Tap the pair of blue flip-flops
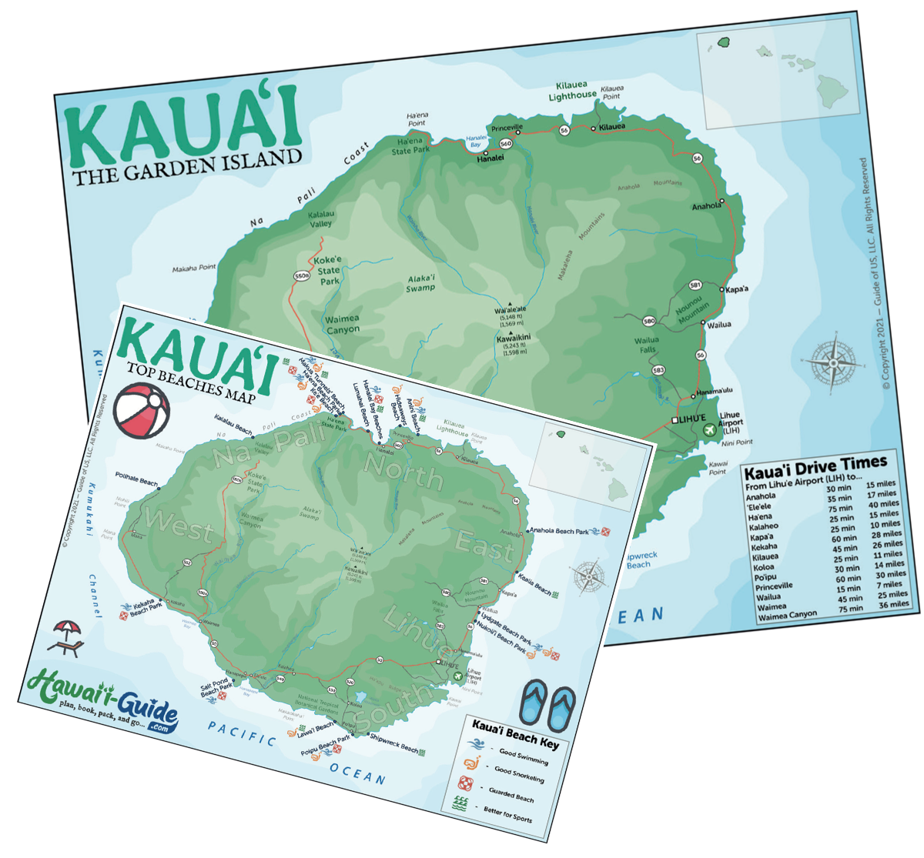click(x=547, y=706)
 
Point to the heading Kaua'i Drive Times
click(x=815, y=466)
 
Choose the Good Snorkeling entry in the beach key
click(x=519, y=773)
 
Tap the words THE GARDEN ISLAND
click(x=187, y=167)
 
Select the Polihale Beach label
click(x=136, y=479)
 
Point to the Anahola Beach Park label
click(x=559, y=530)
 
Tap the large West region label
click(x=179, y=526)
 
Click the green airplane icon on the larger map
click(x=708, y=429)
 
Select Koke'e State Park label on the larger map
click(x=328, y=270)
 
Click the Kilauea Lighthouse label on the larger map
click(x=572, y=91)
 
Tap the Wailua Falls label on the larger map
click(x=647, y=344)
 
